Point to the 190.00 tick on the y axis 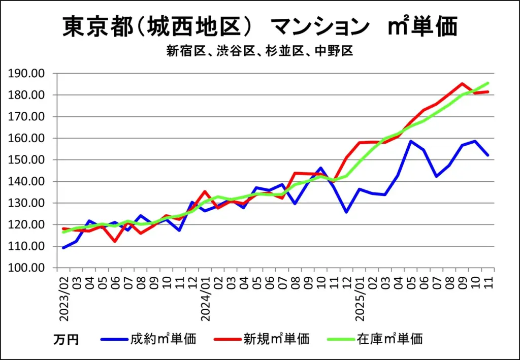tap(31, 74)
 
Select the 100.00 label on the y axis tap(31, 268)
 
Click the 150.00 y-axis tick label tap(31, 160)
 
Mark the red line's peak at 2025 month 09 tap(462, 84)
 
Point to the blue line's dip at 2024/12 tap(346, 212)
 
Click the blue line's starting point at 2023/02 tap(63, 248)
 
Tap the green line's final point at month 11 tap(488, 83)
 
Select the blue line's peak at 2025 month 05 tap(410, 141)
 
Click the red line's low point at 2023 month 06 tap(115, 241)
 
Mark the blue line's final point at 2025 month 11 tap(488, 155)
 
